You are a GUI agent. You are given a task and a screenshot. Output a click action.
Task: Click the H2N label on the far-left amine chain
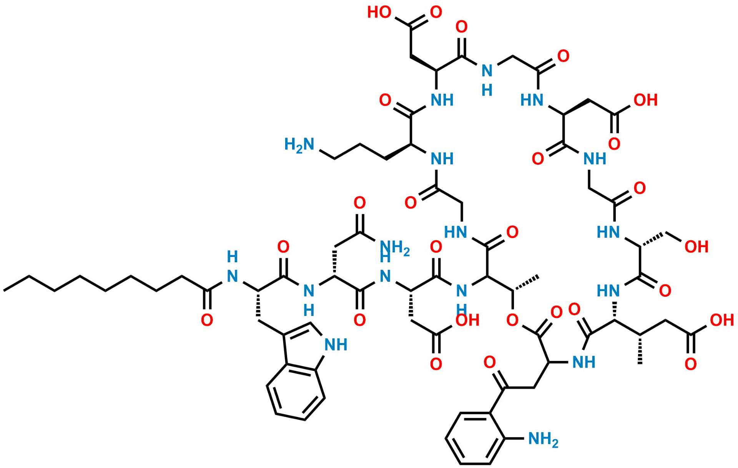coord(299,145)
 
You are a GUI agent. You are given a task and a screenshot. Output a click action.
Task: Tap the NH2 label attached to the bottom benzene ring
coord(543,439)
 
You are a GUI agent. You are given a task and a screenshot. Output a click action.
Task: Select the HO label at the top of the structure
coord(379,12)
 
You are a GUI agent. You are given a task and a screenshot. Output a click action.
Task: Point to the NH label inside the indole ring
coord(336,345)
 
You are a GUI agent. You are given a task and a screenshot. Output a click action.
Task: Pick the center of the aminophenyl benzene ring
coord(475,438)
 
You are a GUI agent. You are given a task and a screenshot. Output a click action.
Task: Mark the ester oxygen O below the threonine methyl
coord(512,320)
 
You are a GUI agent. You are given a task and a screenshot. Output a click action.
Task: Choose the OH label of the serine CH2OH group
coord(696,247)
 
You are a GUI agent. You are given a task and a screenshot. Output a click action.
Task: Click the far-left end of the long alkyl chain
coord(4,291)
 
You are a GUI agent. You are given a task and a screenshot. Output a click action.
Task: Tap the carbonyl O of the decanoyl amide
coord(207,320)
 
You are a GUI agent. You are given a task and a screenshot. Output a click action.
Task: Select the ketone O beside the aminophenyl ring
coord(490,362)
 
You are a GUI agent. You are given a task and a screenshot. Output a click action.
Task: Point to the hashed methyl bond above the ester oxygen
coord(526,283)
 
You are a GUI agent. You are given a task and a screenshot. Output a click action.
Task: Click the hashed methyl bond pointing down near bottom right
coord(640,350)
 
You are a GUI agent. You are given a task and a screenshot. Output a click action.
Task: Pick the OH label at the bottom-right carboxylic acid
coord(722,320)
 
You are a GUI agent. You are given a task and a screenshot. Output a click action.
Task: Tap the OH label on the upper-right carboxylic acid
coord(646,100)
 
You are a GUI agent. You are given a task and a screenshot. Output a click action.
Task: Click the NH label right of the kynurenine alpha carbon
coord(584,362)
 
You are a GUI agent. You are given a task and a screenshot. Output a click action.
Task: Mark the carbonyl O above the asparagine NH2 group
coord(360,203)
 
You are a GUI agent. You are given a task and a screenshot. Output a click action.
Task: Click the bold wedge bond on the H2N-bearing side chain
coord(398,152)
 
